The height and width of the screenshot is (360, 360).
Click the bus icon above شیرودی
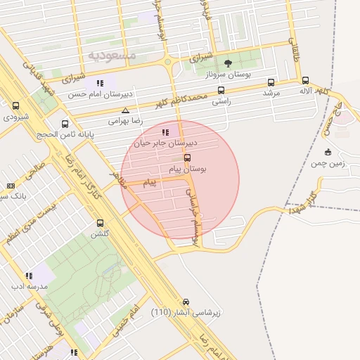(16, 105)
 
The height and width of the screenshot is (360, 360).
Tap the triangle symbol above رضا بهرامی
(125, 110)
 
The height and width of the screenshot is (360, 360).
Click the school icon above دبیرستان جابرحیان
(165, 131)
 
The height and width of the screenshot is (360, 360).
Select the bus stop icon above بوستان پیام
(187, 158)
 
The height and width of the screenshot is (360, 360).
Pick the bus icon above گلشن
(99, 223)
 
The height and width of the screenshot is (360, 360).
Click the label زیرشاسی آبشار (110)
(185, 311)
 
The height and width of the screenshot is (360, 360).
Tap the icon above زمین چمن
(328, 152)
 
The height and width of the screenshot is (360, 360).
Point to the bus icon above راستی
(221, 90)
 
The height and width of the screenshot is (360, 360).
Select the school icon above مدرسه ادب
(29, 276)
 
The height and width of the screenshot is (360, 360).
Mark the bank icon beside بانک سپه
(11, 186)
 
